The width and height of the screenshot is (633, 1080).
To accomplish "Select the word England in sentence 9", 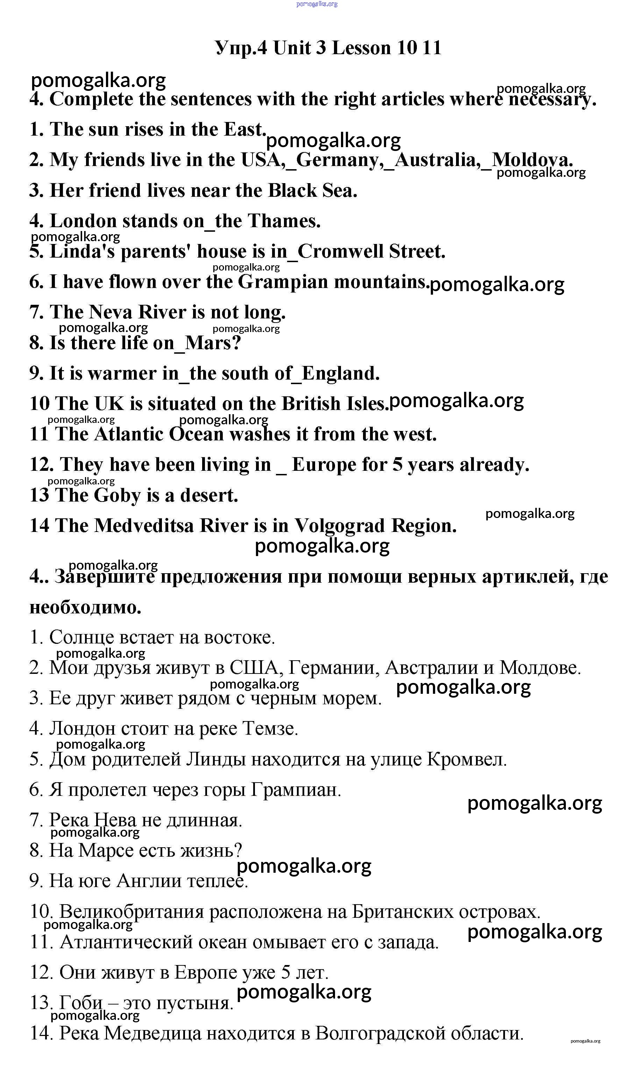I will tap(340, 373).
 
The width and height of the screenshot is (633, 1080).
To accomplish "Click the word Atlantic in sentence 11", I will tap(128, 434).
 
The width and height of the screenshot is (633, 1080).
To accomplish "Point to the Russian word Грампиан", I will tap(296, 790).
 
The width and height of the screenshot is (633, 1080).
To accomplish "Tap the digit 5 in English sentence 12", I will tap(398, 465).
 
